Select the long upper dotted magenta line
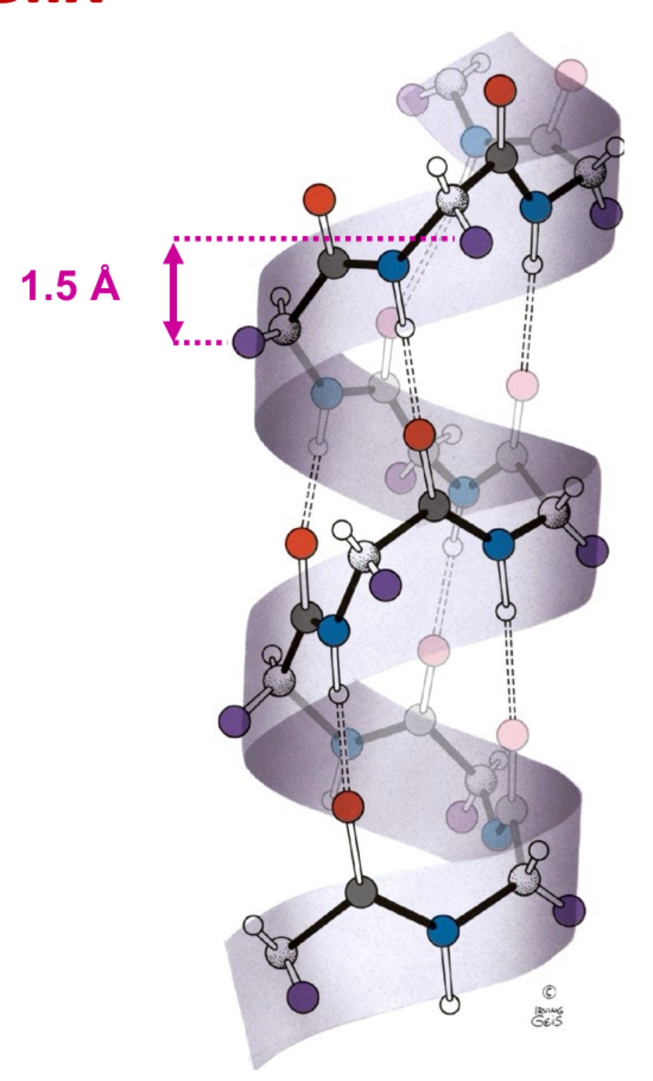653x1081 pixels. tap(313, 239)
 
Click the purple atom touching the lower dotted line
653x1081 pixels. tap(248, 342)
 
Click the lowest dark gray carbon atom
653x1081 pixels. tap(362, 893)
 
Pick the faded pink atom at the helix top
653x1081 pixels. tap(572, 75)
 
